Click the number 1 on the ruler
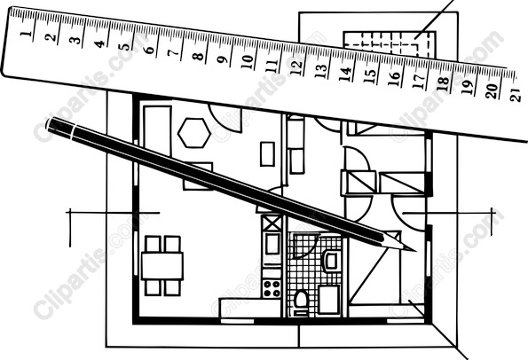click(x=27, y=33)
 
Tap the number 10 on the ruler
click(x=248, y=62)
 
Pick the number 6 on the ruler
click(x=149, y=50)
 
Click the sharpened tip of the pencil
click(x=415, y=251)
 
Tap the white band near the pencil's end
click(x=74, y=131)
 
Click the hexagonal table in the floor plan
click(x=194, y=132)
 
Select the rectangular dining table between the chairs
click(x=162, y=266)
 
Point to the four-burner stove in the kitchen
click(x=272, y=288)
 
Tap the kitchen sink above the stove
click(x=272, y=244)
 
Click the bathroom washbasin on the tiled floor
click(x=332, y=261)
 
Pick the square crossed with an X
click(x=271, y=223)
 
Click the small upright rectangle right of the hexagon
click(x=267, y=153)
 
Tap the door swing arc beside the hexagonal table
click(x=225, y=119)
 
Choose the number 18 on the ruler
click(x=445, y=84)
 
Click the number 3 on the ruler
click(x=75, y=40)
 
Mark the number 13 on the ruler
click(x=321, y=71)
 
